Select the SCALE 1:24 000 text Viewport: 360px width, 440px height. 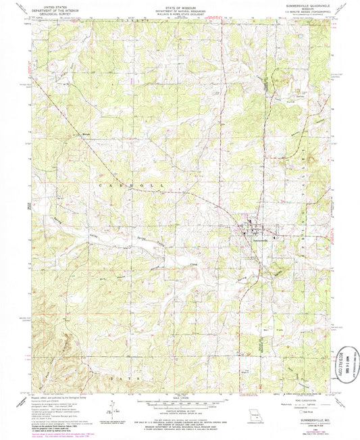point(178,398)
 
